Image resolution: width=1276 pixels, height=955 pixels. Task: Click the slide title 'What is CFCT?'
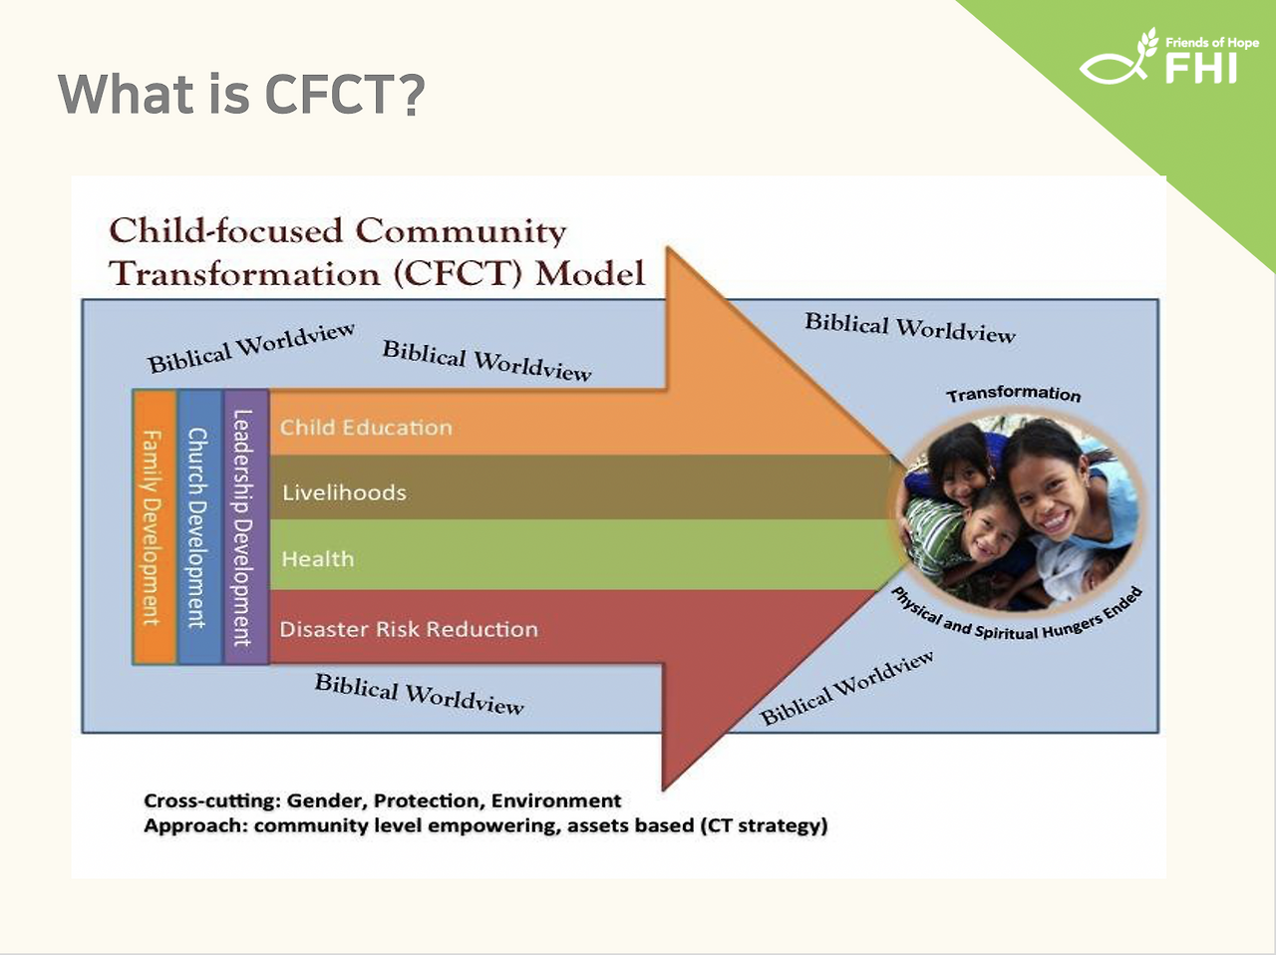click(241, 94)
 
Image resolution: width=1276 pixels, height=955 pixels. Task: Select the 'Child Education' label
click(366, 428)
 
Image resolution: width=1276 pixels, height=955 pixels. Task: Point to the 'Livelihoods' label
click(344, 492)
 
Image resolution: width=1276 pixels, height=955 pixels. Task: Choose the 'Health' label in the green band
click(317, 559)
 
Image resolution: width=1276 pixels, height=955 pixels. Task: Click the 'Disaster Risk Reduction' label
click(409, 629)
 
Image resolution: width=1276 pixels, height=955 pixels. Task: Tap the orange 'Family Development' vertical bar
click(155, 527)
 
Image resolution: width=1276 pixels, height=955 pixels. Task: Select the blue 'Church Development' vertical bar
click(199, 527)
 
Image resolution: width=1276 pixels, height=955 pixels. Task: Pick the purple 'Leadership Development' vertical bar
click(246, 527)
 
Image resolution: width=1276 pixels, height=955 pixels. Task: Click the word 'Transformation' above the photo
click(1014, 394)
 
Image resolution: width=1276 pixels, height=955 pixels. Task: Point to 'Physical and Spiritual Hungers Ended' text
click(1017, 615)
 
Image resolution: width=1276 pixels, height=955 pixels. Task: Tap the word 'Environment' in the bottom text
click(556, 800)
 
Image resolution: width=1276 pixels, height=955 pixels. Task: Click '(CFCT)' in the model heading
click(459, 274)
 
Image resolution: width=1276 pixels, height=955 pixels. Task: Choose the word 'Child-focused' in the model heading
click(226, 230)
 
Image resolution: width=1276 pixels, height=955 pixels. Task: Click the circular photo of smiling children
click(1018, 511)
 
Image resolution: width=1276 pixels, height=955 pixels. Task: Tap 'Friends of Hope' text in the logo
click(1212, 43)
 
